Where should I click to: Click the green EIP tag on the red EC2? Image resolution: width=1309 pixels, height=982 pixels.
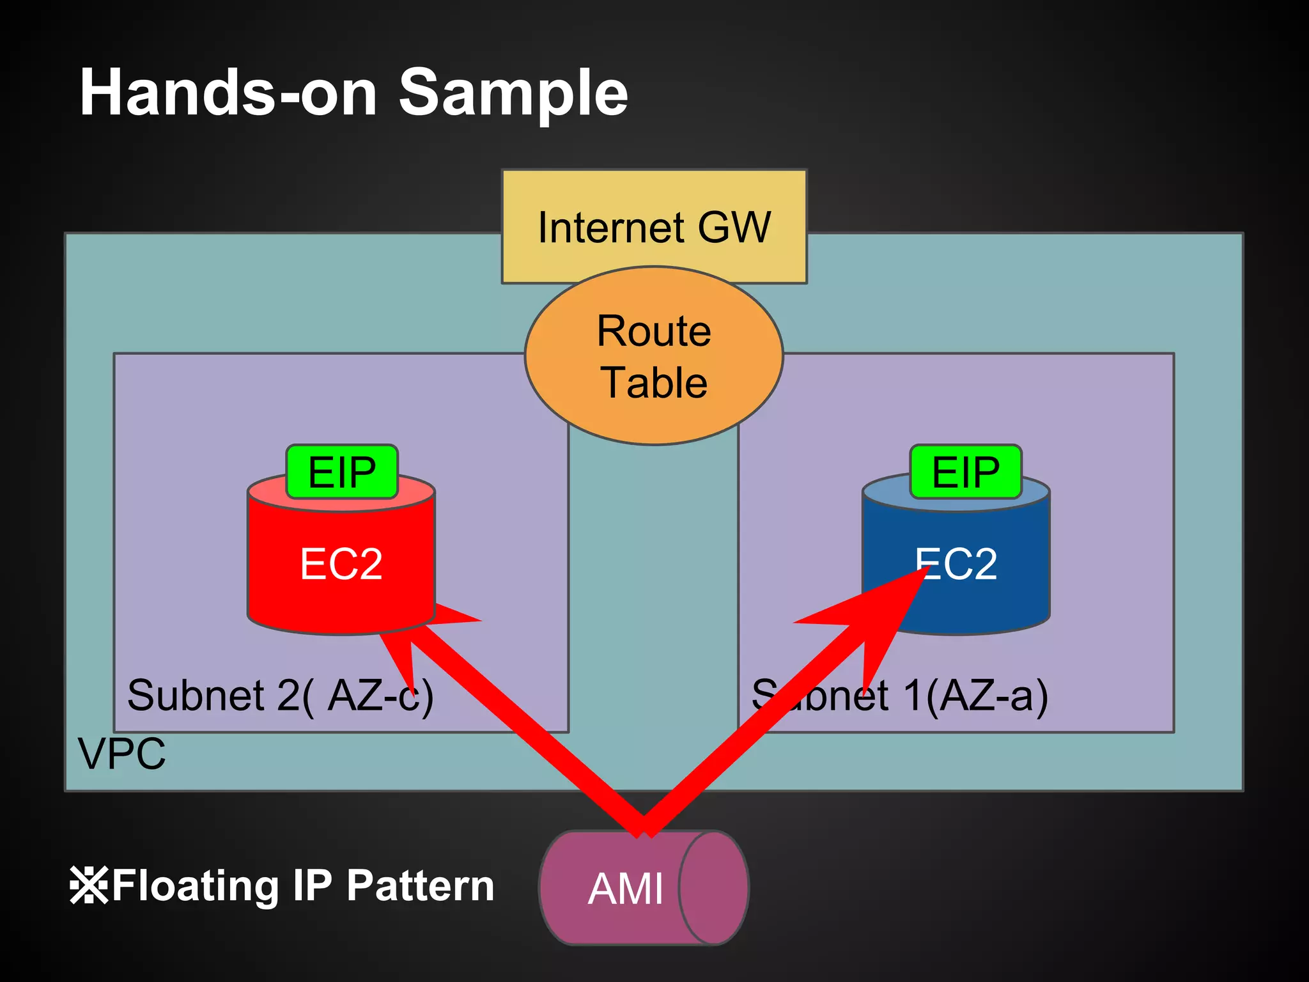[x=342, y=472]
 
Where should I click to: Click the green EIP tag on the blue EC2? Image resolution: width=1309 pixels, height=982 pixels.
[x=966, y=472]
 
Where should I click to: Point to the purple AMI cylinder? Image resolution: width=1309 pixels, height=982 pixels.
[x=642, y=888]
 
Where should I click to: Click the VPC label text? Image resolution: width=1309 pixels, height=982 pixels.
[x=121, y=754]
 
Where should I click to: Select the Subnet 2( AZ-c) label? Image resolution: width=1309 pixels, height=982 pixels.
[x=280, y=696]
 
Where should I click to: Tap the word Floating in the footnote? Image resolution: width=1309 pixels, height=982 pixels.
[x=196, y=886]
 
